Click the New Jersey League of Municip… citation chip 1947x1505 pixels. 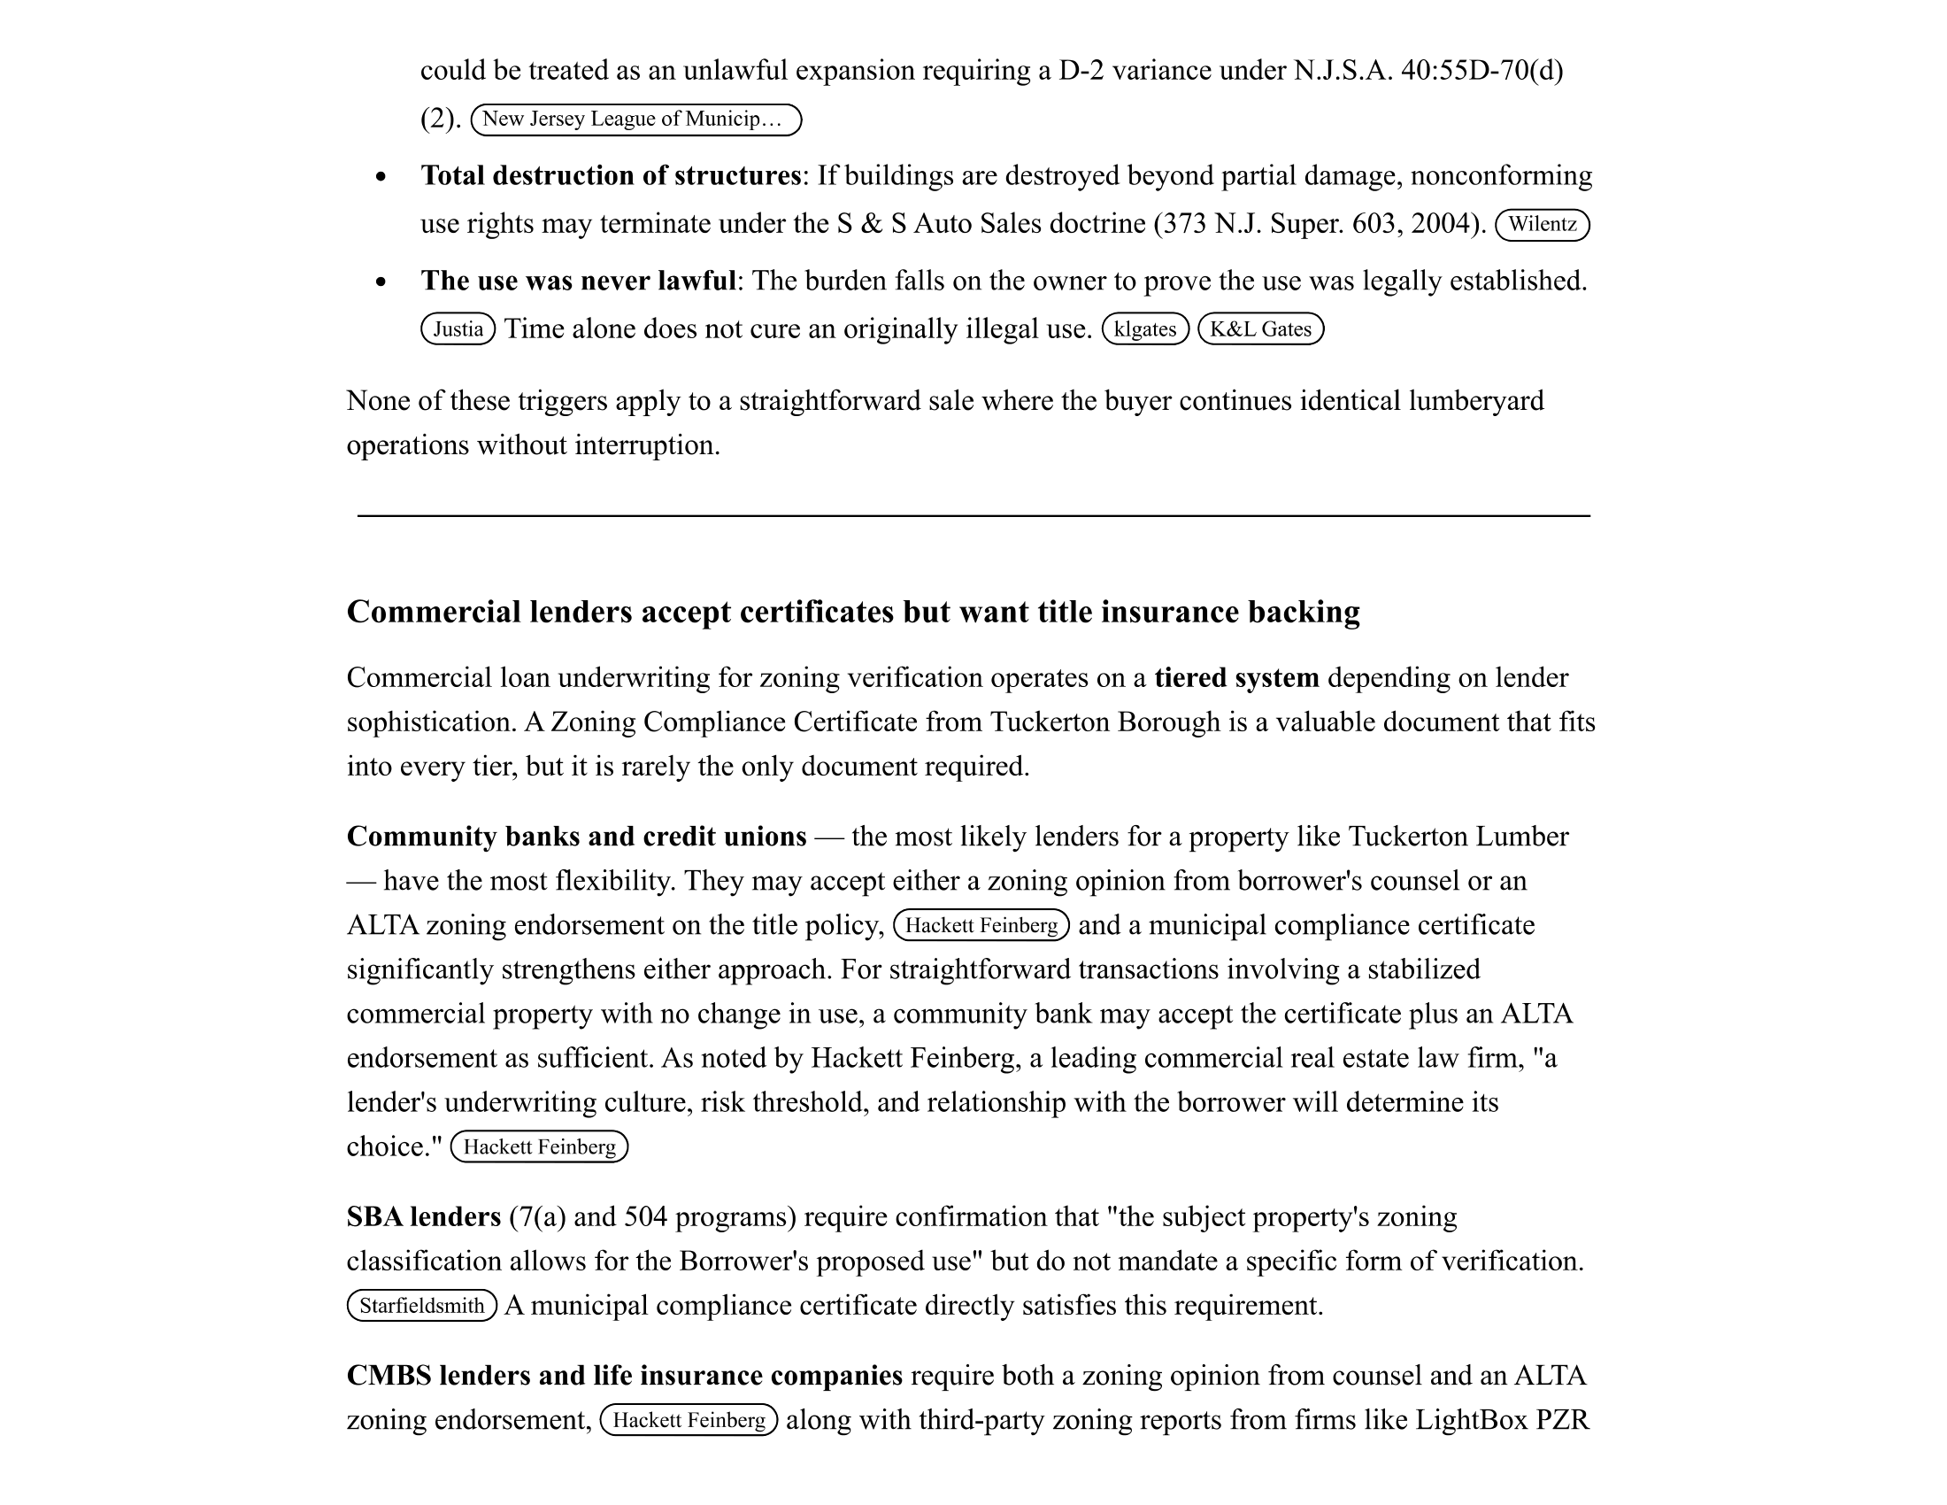(x=635, y=120)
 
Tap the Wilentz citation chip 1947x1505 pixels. (x=1542, y=224)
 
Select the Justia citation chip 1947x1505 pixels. (x=458, y=329)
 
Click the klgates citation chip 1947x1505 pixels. (x=1144, y=329)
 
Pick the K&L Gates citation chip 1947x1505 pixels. (x=1259, y=329)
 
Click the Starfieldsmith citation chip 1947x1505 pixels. (x=421, y=1306)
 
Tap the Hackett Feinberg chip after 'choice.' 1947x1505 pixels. (x=539, y=1146)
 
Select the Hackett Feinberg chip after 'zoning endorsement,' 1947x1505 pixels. (x=689, y=1420)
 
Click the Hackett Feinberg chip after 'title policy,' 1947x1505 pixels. (x=981, y=925)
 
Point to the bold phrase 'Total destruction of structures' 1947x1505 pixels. (x=611, y=175)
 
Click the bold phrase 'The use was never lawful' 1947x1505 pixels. (x=579, y=281)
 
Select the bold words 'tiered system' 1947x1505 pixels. (x=1235, y=677)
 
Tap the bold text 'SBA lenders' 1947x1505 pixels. (x=423, y=1217)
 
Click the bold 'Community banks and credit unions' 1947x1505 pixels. (x=576, y=837)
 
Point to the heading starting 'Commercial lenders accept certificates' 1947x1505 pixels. (x=852, y=612)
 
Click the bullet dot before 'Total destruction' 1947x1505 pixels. (x=381, y=176)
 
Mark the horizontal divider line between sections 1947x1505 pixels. (x=973, y=515)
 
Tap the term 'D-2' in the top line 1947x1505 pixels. (x=1081, y=71)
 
